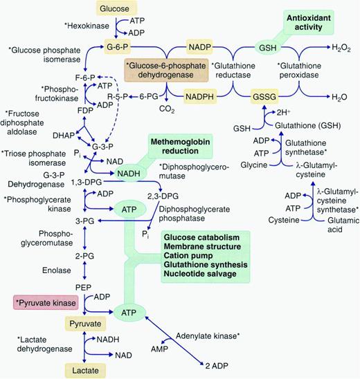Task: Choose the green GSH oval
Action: [x=268, y=47]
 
